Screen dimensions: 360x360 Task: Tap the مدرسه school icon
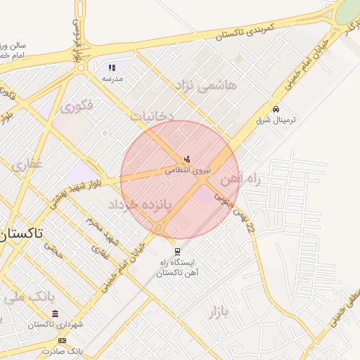coord(111,68)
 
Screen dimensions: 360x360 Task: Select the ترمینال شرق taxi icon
coord(277,110)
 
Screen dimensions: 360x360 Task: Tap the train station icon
coord(176,251)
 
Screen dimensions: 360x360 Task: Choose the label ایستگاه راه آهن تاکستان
coord(176,268)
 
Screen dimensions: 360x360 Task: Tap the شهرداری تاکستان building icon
coord(56,314)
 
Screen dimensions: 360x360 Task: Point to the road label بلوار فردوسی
coord(76,39)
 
